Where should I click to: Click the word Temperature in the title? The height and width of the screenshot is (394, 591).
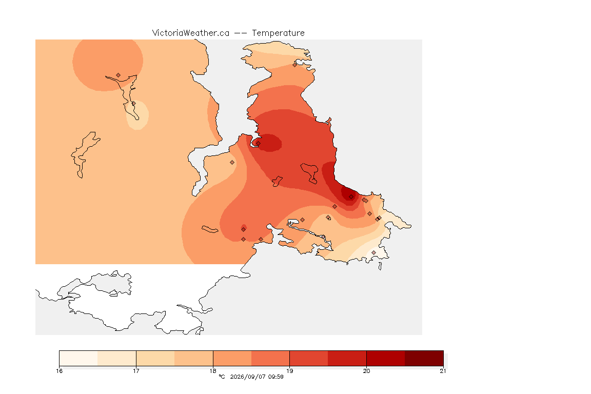(278, 33)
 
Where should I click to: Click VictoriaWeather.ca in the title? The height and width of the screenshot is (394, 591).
(191, 33)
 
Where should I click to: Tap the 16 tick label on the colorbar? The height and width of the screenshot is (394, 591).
(59, 371)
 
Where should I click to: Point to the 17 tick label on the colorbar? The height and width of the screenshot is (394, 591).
(136, 371)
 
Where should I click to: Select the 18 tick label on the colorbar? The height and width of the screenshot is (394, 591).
(213, 371)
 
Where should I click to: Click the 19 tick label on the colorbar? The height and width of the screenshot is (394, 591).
(289, 371)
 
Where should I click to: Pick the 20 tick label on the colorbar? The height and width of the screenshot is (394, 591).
(366, 371)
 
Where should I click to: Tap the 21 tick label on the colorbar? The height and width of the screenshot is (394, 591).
(443, 371)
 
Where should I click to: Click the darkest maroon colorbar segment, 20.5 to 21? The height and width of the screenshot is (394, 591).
(424, 358)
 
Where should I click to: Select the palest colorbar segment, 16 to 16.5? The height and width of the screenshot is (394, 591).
(78, 358)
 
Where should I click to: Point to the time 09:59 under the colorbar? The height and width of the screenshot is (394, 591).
(275, 377)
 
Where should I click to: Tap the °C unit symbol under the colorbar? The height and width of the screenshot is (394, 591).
(222, 377)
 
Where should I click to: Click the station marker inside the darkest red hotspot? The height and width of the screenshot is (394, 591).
(351, 197)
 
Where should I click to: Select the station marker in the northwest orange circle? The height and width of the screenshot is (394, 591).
(119, 75)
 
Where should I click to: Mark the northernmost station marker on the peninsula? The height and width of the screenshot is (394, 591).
(295, 65)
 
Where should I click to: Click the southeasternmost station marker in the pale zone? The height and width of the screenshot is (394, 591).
(373, 252)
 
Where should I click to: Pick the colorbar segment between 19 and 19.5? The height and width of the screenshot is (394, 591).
(309, 358)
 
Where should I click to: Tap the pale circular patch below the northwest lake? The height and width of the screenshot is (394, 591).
(137, 115)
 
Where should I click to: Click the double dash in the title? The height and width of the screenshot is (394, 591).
(241, 33)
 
